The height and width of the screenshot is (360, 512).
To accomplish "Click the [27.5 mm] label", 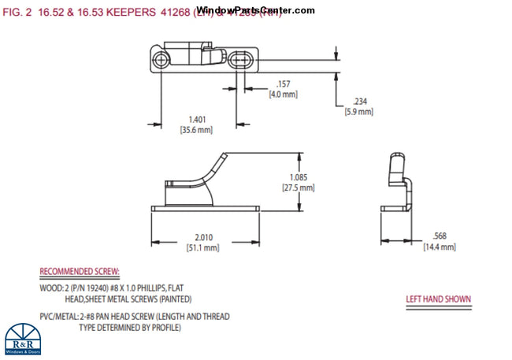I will coord(298,187).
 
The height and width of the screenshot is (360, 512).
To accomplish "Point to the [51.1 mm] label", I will coord(202,247).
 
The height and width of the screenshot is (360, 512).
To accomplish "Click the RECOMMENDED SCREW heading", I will coord(80,272).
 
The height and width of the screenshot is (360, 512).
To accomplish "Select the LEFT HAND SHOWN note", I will coord(438,299).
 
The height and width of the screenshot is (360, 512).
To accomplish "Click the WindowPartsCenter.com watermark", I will coord(255,10).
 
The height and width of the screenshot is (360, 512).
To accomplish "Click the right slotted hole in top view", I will coord(242,59).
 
